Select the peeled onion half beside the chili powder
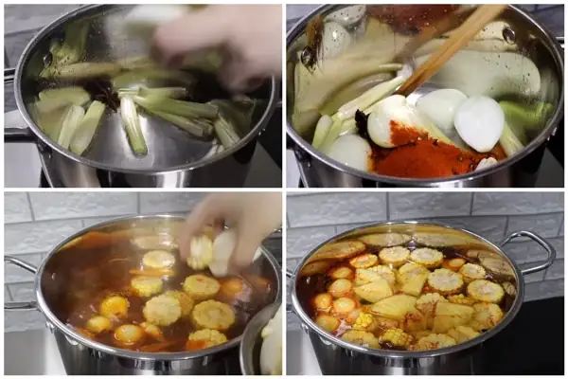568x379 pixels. [x=479, y=122]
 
